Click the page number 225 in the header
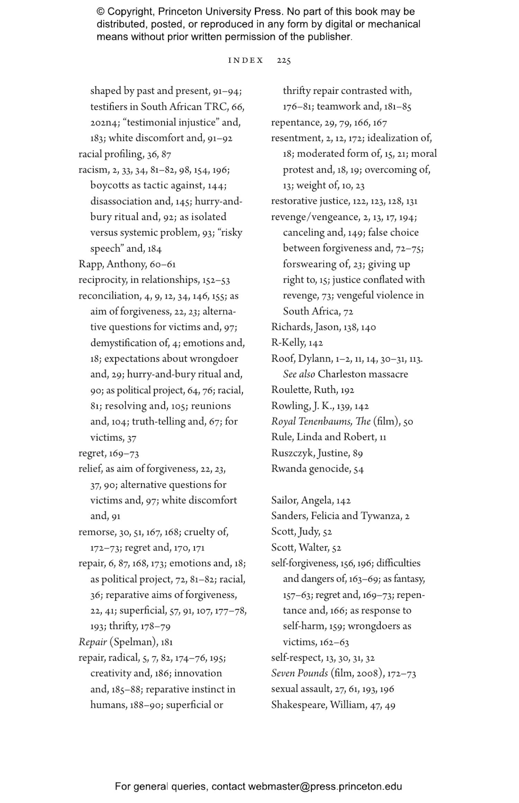tap(283, 61)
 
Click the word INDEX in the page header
tap(246, 61)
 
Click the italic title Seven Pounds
tap(299, 673)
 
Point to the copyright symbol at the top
tap(100, 12)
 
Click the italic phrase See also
tap(299, 374)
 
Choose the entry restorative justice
tap(310, 201)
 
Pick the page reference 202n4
tap(104, 123)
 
